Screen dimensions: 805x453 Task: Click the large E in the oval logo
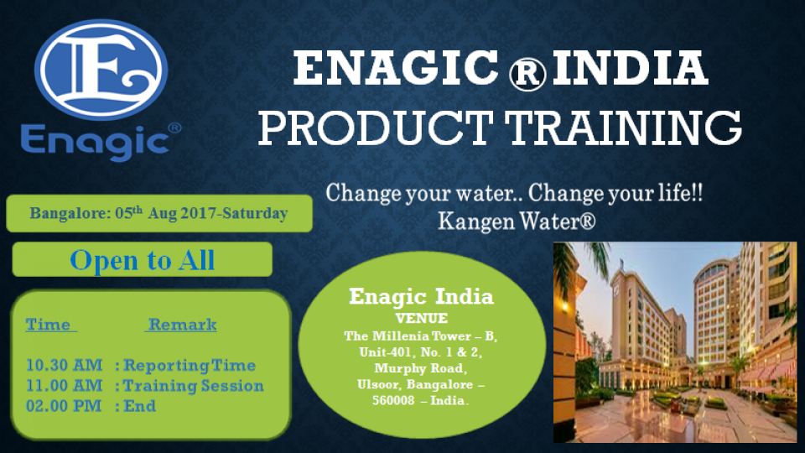pos(101,70)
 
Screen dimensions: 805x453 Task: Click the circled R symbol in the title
pos(527,74)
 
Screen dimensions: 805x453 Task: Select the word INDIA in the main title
pos(631,68)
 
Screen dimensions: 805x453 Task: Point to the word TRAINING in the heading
pos(623,128)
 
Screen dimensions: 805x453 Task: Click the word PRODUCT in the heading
pos(376,128)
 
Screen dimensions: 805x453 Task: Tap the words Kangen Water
pos(517,221)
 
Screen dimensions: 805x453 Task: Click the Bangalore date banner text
pos(158,213)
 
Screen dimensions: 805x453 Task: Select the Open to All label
pos(143,260)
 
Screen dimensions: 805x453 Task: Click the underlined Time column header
pos(51,325)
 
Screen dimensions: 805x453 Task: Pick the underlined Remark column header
pos(181,325)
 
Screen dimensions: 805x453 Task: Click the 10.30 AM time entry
pos(65,365)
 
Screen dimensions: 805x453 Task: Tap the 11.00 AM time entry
pos(65,386)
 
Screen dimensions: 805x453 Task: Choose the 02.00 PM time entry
pos(64,406)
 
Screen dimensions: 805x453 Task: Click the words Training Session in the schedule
pos(194,386)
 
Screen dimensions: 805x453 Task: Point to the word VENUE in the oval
pos(422,319)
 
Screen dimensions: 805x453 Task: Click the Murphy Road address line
pos(420,368)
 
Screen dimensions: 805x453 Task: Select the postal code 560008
pos(393,400)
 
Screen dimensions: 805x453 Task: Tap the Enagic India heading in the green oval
pos(422,296)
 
